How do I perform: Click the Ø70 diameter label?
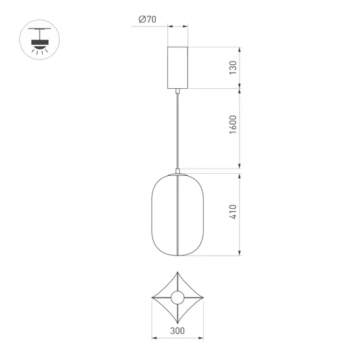[147, 20]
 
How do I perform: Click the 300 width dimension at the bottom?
[177, 330]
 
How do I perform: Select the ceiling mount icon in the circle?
[40, 41]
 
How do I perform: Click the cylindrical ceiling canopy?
[177, 67]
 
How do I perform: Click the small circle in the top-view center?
[177, 300]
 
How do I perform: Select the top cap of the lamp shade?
[177, 173]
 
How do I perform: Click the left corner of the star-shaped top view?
[152, 300]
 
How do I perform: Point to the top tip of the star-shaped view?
[177, 273]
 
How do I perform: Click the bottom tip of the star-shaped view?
[177, 325]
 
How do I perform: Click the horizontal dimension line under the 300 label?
[177, 338]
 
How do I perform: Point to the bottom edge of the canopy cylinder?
[177, 88]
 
